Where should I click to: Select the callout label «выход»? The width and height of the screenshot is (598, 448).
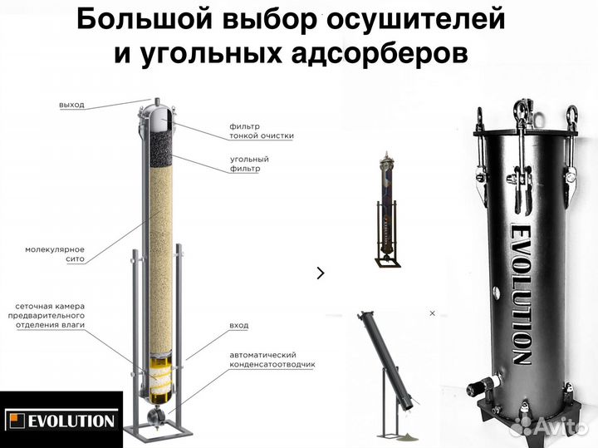point(71,105)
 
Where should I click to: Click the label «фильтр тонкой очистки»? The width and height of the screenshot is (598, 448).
point(261,130)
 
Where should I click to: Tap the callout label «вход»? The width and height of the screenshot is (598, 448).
point(238,324)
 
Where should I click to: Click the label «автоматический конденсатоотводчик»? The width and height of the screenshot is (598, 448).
point(272,359)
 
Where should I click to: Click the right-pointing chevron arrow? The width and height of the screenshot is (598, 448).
point(321,272)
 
